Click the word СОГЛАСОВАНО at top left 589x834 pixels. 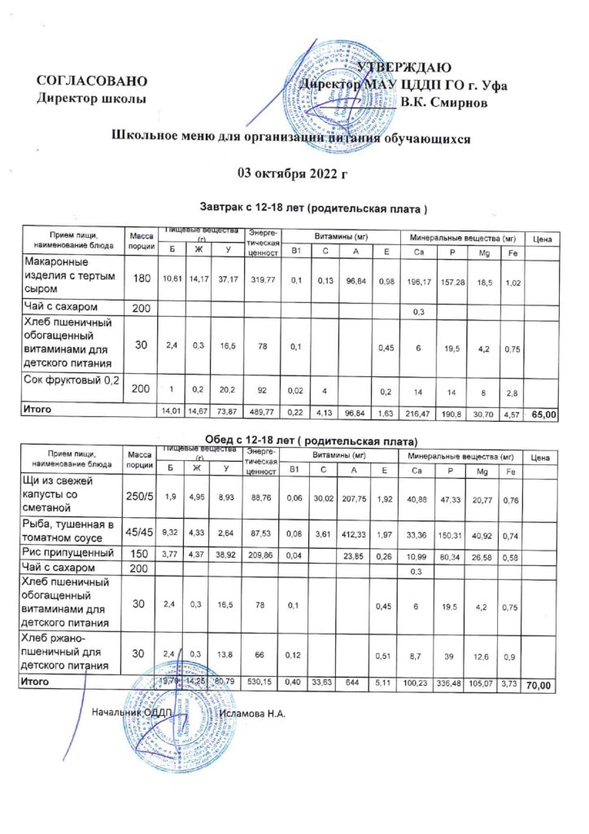pyautogui.click(x=92, y=81)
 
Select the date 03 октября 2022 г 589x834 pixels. pyautogui.click(x=291, y=173)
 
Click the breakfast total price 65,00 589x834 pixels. pyautogui.click(x=543, y=415)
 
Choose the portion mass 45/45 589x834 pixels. pyautogui.click(x=142, y=532)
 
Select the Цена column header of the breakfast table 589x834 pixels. pyautogui.click(x=543, y=239)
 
